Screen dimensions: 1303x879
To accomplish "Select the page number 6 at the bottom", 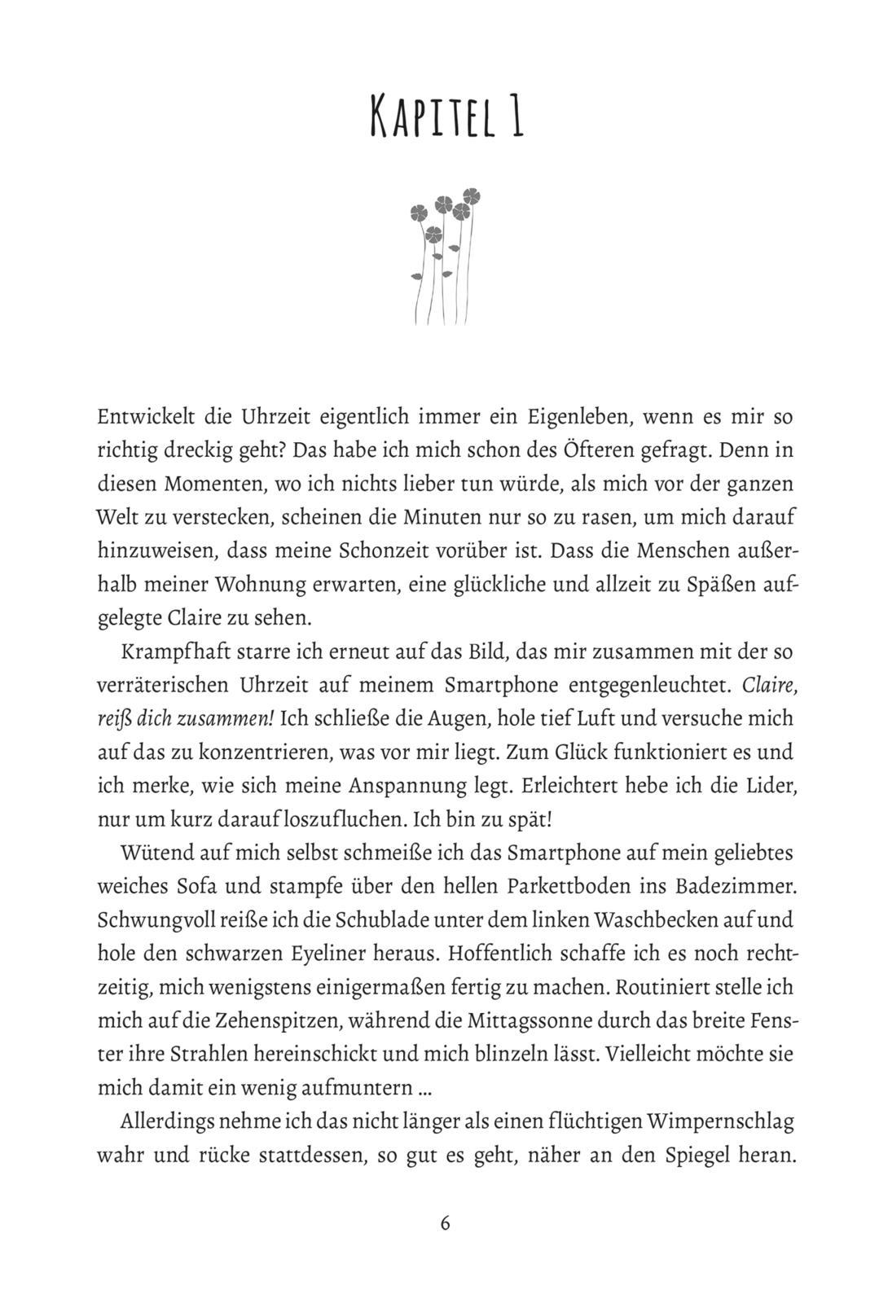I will (x=444, y=1223).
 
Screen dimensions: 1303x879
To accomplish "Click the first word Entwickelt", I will (x=145, y=417).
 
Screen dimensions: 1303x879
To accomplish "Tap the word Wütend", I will (x=152, y=853).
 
